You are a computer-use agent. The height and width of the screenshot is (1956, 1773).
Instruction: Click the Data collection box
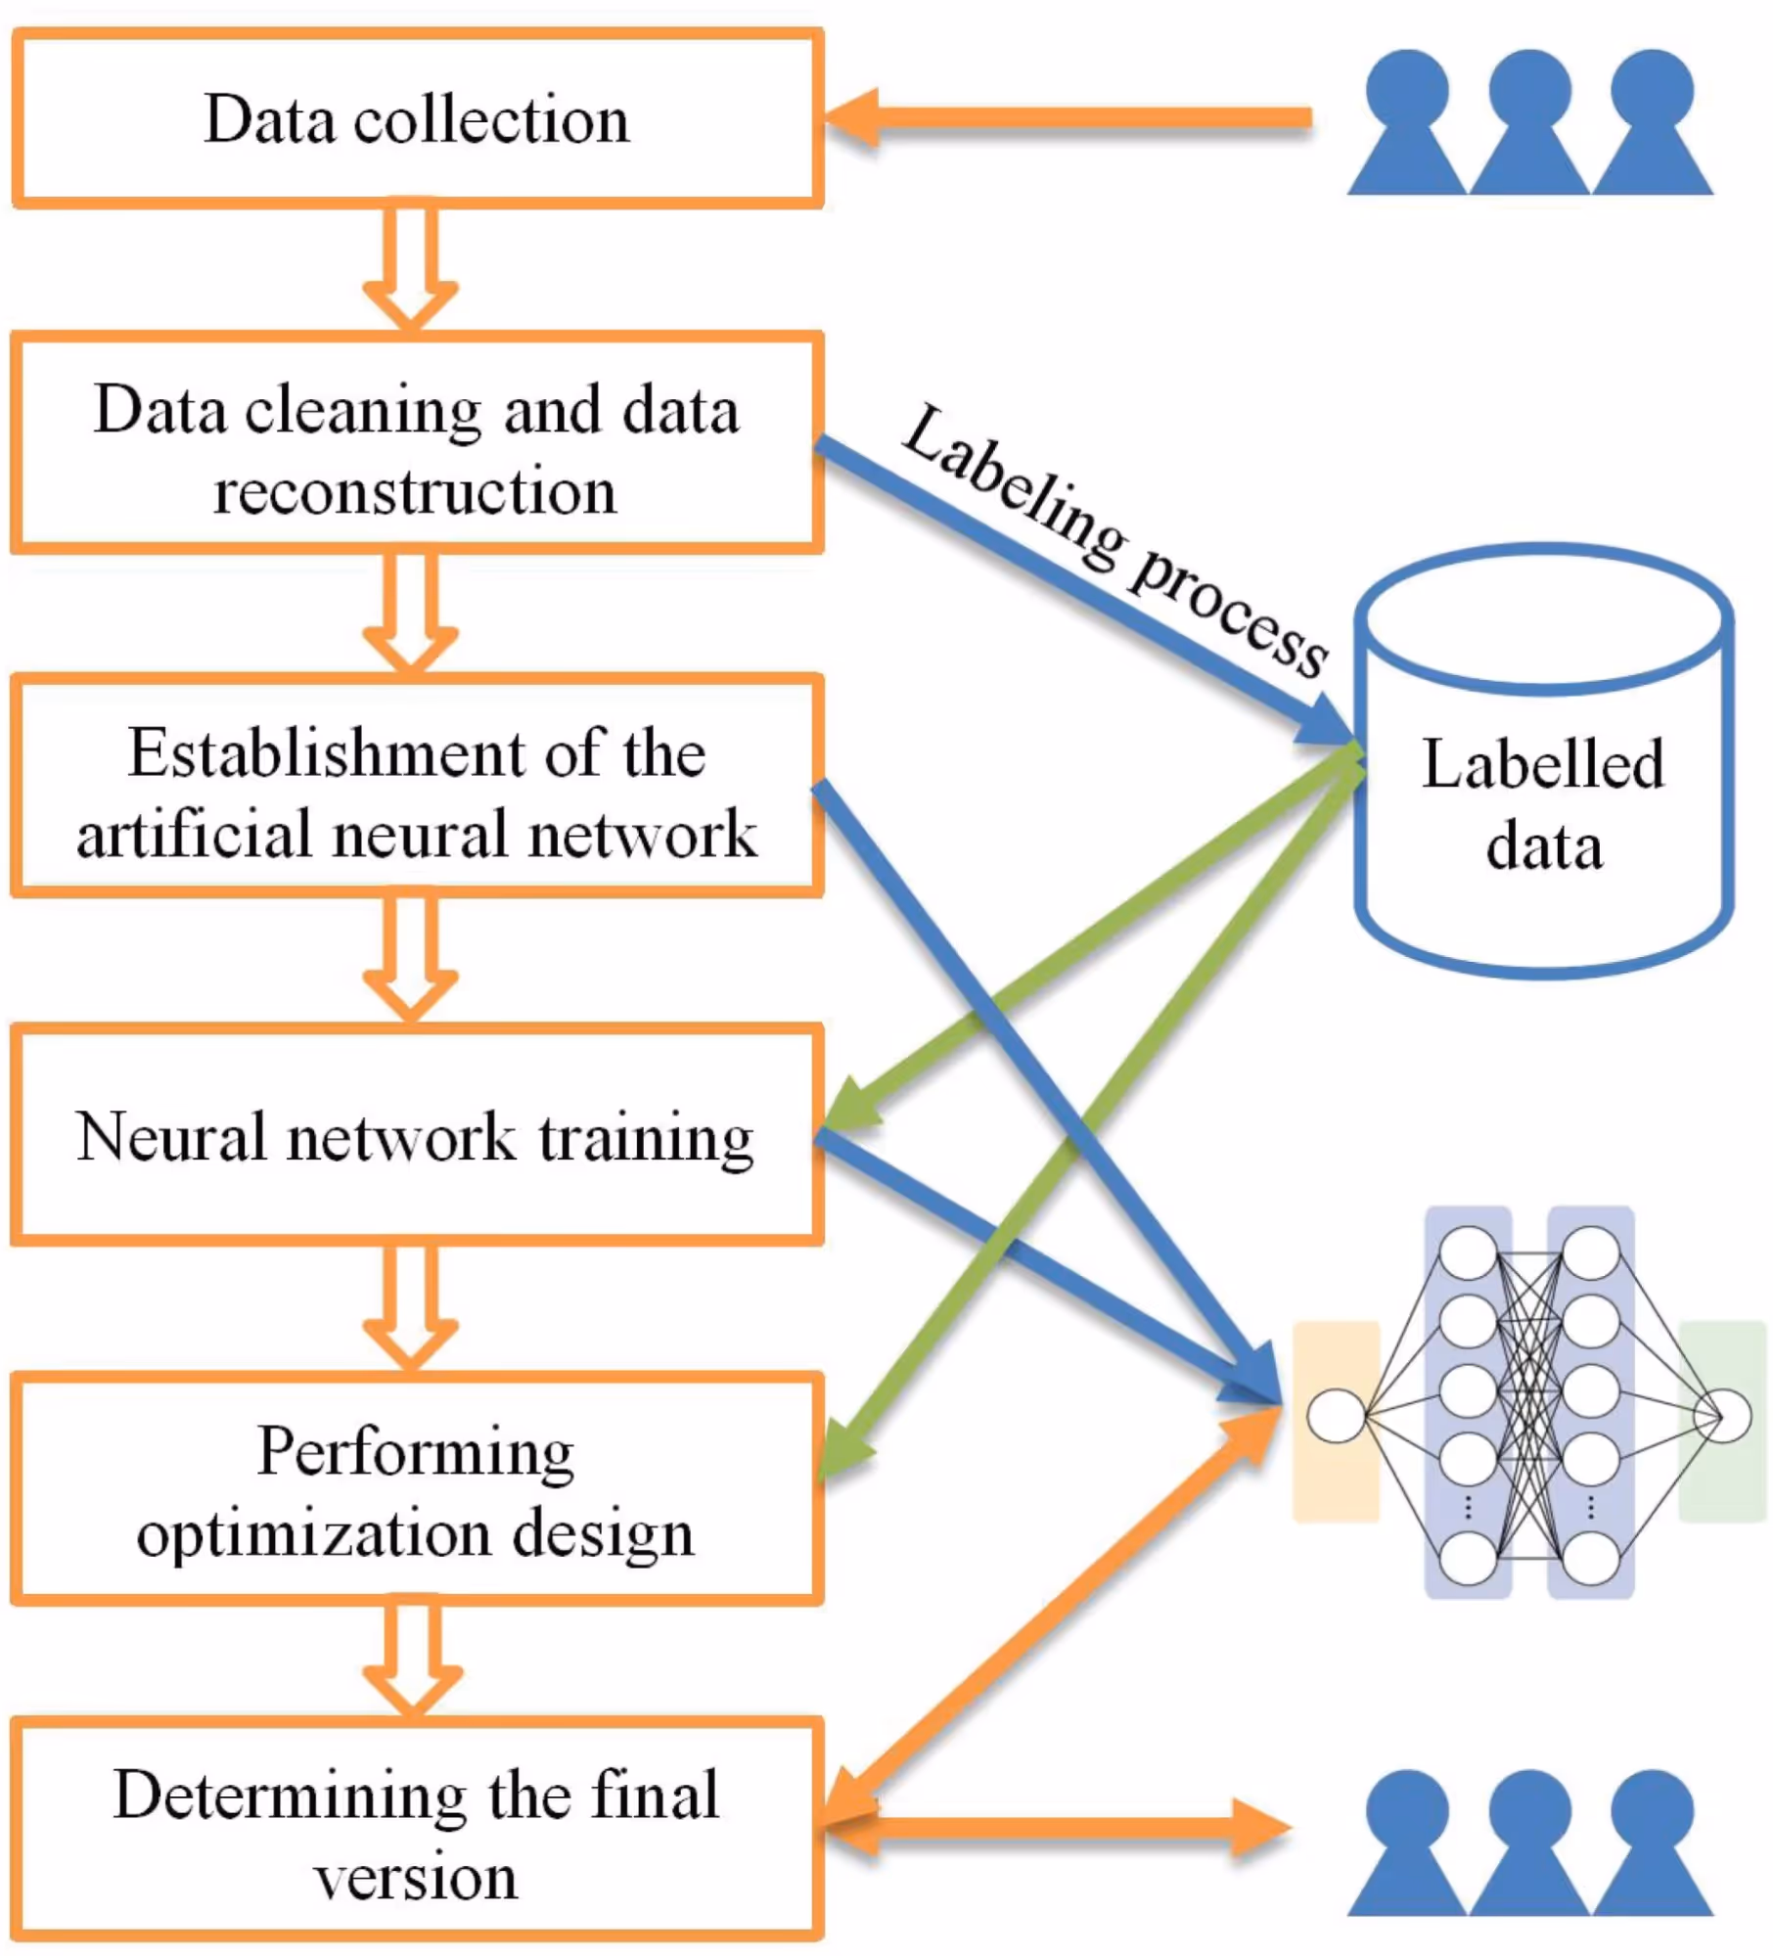point(417,118)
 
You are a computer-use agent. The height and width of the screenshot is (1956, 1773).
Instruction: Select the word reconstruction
point(415,491)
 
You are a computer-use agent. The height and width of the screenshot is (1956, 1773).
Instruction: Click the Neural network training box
point(417,1137)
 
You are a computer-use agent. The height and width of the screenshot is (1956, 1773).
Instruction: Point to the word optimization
point(313,1532)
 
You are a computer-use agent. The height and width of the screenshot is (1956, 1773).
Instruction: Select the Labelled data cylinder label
point(1543,804)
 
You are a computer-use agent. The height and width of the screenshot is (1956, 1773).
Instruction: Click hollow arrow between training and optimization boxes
point(410,1306)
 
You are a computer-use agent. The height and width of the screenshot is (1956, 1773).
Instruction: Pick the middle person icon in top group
point(1529,122)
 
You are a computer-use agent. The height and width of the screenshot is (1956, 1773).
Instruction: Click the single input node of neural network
point(1336,1415)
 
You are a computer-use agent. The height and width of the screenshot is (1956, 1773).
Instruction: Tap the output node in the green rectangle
point(1722,1415)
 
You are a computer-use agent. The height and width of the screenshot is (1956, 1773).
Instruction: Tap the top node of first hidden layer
point(1468,1253)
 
